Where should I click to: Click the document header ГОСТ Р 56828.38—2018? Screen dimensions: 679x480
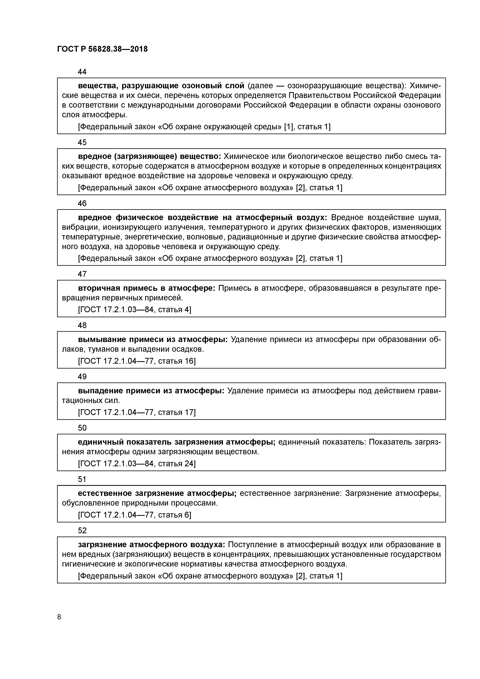point(102,49)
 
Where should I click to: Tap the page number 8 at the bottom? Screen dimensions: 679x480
point(59,617)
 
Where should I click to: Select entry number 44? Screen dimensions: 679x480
point(82,72)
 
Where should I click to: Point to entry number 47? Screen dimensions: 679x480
point(82,274)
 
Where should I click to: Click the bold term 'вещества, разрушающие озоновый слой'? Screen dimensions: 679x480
point(161,86)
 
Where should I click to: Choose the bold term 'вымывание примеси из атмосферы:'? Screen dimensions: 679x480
point(153,339)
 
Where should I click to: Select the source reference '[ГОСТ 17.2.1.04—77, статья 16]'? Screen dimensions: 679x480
point(137,361)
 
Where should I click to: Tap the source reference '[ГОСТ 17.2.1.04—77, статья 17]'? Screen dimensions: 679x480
point(137,412)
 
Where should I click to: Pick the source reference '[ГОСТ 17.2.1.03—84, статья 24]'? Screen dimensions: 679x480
point(137,463)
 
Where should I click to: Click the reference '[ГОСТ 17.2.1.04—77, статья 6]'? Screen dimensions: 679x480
point(135,515)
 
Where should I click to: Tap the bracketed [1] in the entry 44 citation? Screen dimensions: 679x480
point(288,127)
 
